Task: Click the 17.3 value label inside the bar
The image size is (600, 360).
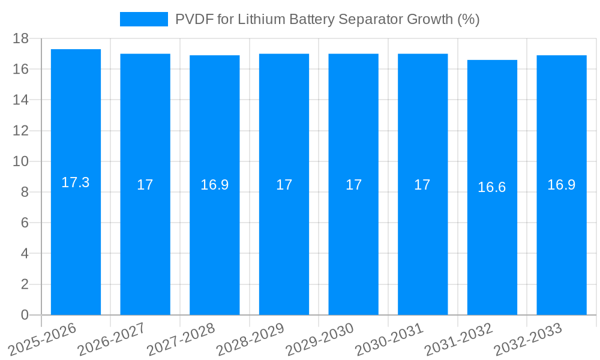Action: (x=76, y=182)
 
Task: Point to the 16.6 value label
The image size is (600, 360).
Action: (x=492, y=187)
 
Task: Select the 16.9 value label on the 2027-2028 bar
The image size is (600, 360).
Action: (x=214, y=185)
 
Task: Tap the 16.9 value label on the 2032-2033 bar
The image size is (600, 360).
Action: (x=561, y=185)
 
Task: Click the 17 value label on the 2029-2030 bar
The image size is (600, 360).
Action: (x=353, y=185)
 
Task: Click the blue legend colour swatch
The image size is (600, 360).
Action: (x=144, y=19)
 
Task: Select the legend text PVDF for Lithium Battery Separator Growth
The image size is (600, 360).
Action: (x=327, y=19)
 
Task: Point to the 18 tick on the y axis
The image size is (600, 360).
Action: (x=21, y=38)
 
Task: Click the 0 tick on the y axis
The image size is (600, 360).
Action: (x=25, y=315)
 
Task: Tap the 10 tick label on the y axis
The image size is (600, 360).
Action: (x=21, y=161)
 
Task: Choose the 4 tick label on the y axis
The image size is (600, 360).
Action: (x=25, y=254)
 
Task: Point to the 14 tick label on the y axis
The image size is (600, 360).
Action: (x=21, y=100)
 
